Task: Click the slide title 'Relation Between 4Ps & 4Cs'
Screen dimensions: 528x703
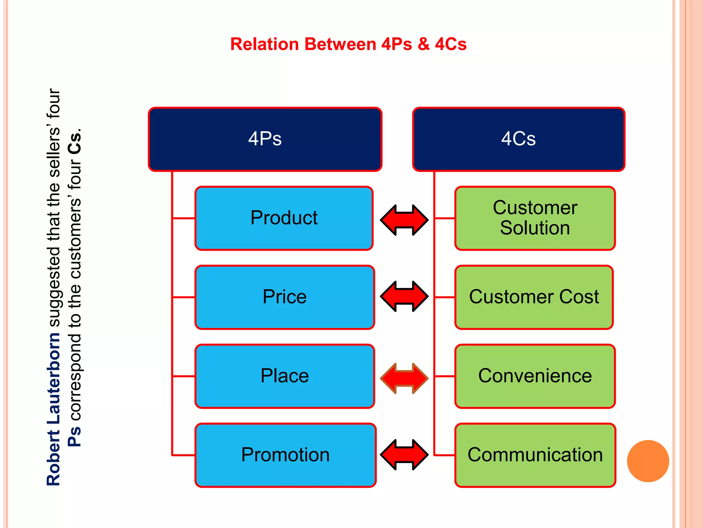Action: [x=348, y=44]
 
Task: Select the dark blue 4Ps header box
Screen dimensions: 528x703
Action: [x=265, y=139]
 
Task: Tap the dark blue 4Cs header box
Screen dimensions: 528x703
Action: [x=518, y=139]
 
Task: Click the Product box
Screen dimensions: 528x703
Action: [x=284, y=218]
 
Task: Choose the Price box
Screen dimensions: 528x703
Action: [x=285, y=297]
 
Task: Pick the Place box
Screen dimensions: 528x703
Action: [x=285, y=376]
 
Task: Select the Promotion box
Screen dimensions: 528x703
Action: [x=285, y=455]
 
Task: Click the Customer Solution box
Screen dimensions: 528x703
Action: [x=535, y=218]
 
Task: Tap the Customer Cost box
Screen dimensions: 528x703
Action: [x=534, y=297]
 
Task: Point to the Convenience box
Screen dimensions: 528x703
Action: [x=535, y=376]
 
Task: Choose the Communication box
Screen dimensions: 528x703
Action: [x=535, y=455]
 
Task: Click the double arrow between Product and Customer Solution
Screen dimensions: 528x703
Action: [x=404, y=220]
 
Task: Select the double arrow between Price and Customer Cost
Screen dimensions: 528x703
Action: [x=404, y=296]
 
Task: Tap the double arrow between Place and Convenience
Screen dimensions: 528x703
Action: [x=404, y=378]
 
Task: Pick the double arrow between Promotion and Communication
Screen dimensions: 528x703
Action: [x=404, y=454]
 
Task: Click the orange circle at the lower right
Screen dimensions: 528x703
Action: [x=648, y=461]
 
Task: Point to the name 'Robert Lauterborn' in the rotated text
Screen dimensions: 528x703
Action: [x=53, y=409]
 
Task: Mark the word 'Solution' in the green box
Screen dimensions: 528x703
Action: [x=535, y=228]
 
